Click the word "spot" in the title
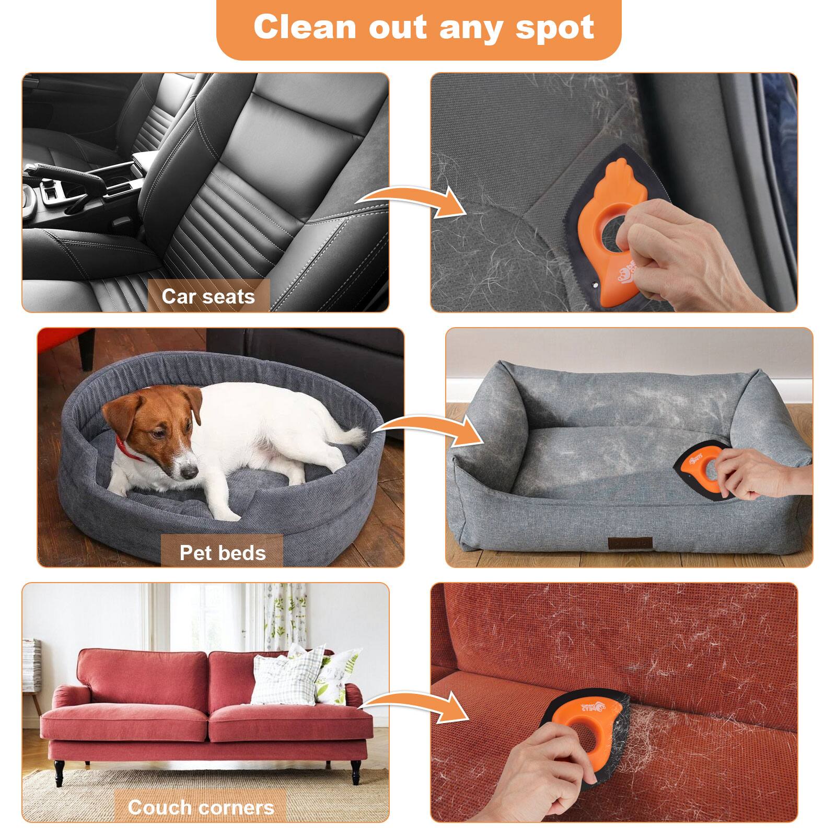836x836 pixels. click(x=555, y=27)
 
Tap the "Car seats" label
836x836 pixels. click(x=208, y=296)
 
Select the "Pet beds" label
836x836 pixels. click(x=223, y=552)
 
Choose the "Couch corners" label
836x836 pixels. click(x=201, y=807)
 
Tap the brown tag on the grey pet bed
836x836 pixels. click(x=629, y=543)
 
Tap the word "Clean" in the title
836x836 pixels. click(x=305, y=27)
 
